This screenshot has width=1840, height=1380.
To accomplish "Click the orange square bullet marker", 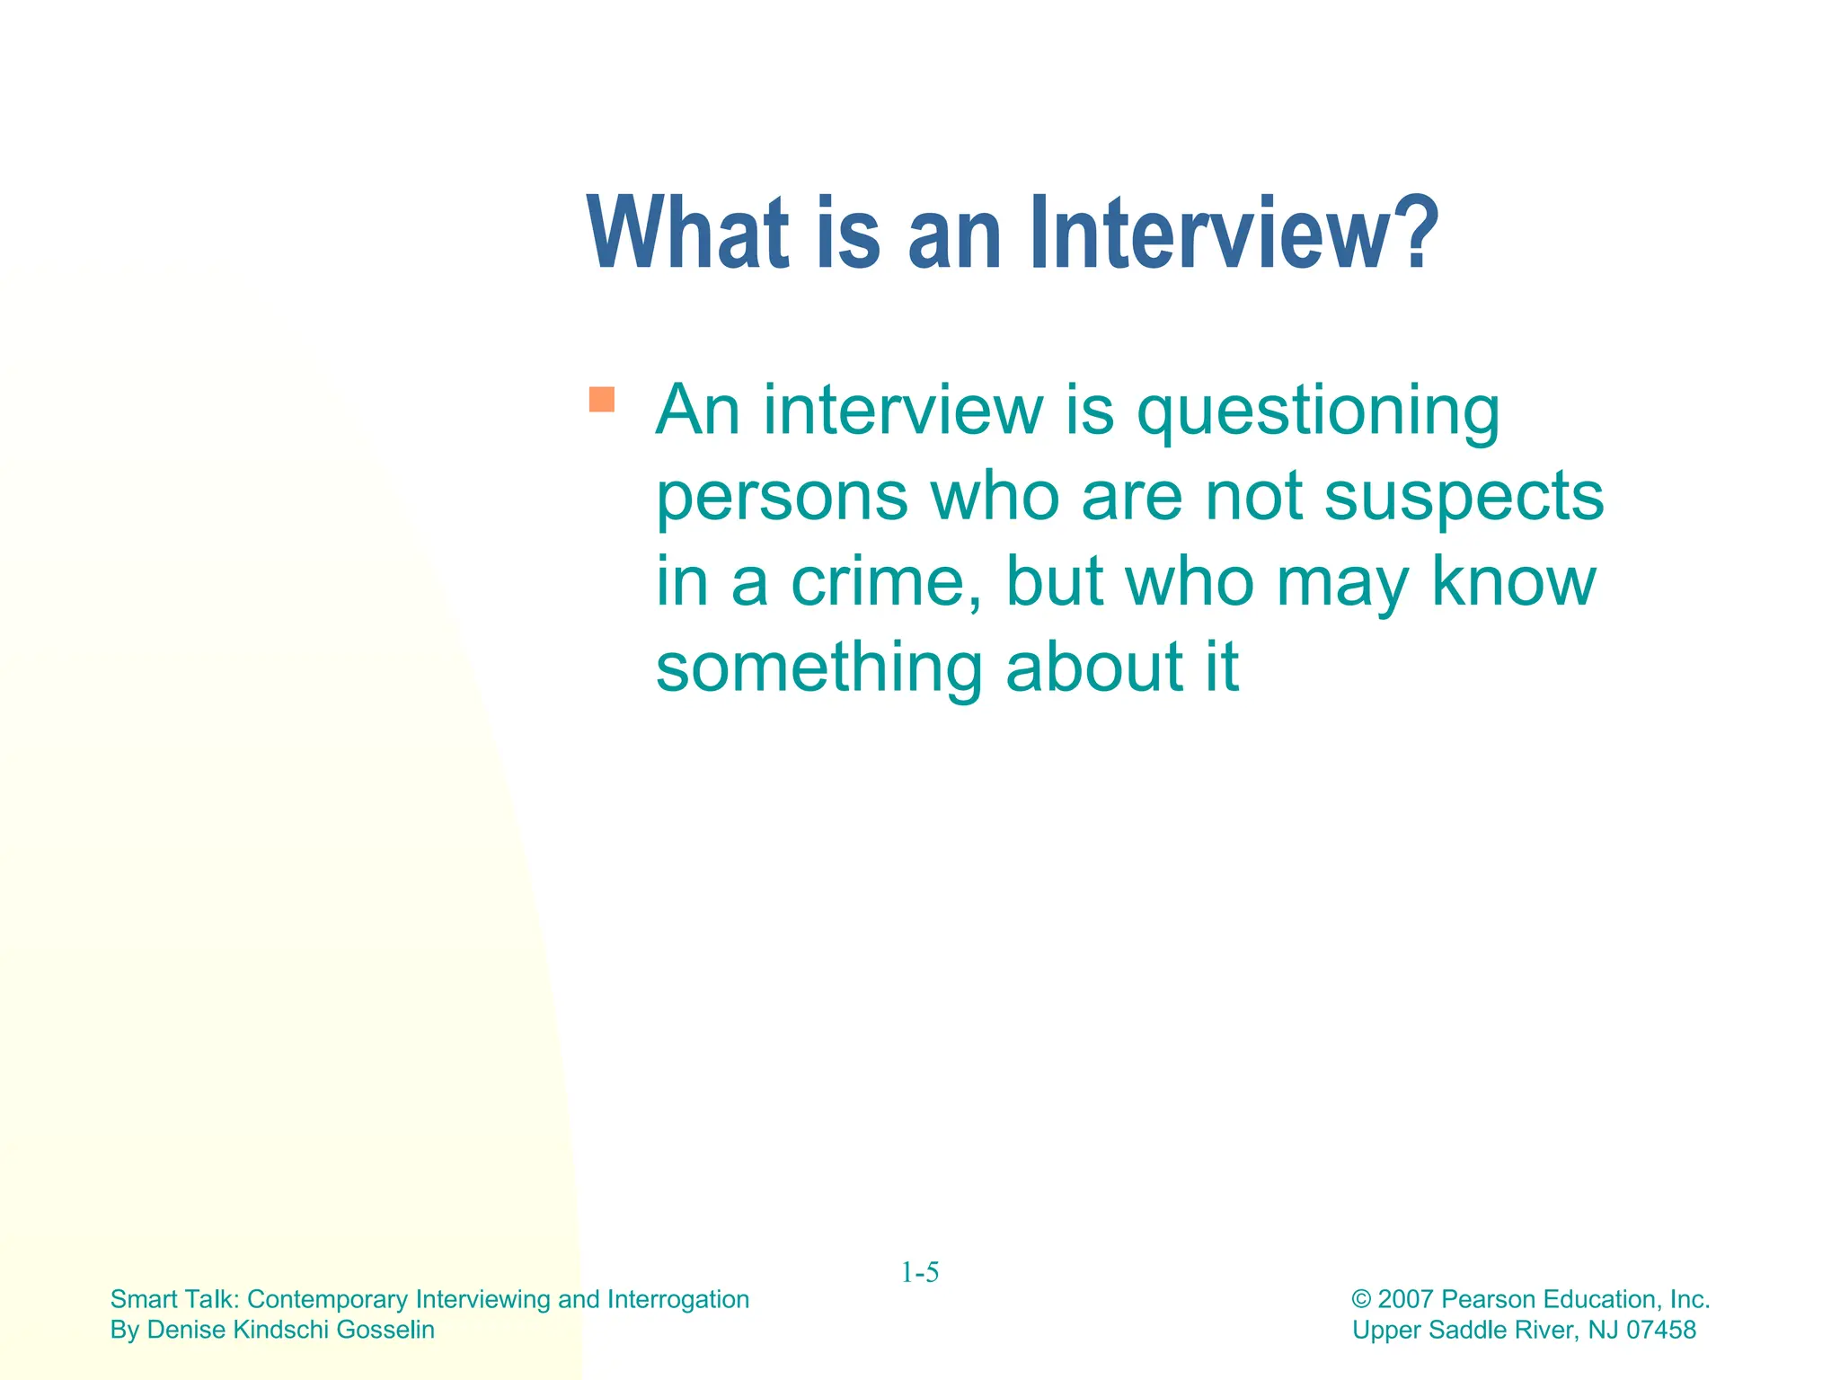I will (x=601, y=399).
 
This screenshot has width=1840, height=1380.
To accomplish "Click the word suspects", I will (x=1464, y=498).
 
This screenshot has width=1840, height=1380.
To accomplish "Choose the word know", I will (x=1514, y=582).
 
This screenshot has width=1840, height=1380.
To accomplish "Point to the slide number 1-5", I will (x=920, y=1272).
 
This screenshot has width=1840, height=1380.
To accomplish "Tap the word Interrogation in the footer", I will (x=678, y=1299).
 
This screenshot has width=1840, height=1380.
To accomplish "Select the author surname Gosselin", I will (x=385, y=1330).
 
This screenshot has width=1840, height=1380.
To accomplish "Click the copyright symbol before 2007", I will (x=1361, y=1300).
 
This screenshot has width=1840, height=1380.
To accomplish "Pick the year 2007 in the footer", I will (x=1405, y=1299).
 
